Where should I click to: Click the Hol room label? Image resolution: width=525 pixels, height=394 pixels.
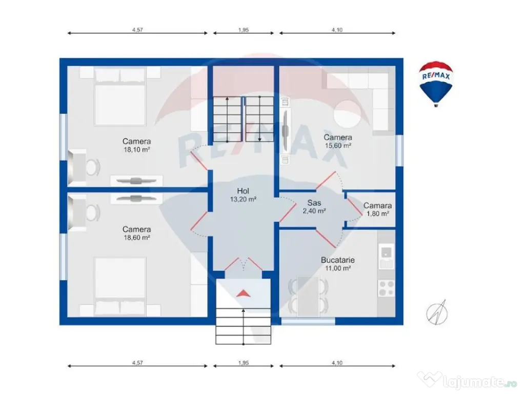tap(243, 191)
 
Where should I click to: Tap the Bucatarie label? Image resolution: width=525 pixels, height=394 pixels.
tap(337, 260)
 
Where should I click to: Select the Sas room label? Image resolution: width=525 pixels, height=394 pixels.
tap(314, 203)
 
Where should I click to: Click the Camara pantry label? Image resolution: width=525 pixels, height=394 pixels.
tap(377, 206)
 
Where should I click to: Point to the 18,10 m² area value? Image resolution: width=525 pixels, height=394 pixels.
tap(136, 150)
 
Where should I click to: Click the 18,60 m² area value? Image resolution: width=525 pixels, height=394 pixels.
tap(136, 238)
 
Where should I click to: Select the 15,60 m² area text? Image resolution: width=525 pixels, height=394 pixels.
tap(338, 146)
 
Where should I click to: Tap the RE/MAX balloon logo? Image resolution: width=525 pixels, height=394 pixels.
tap(436, 84)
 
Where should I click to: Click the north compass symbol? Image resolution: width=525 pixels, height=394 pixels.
tap(437, 312)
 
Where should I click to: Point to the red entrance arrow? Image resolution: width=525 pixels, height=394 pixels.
tap(244, 293)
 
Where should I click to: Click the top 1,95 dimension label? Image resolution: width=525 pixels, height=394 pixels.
tap(244, 30)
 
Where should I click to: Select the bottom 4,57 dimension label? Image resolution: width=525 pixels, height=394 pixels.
tap(137, 363)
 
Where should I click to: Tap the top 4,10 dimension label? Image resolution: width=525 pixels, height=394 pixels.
tap(337, 30)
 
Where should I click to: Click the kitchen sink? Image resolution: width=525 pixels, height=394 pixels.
tap(386, 257)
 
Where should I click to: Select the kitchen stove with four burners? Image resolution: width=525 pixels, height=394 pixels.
tap(386, 288)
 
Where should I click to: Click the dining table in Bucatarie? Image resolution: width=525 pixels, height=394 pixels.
tap(308, 296)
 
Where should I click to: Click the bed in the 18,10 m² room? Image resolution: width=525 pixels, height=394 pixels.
tap(120, 96)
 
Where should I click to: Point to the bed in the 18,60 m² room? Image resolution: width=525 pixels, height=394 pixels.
tap(120, 286)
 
